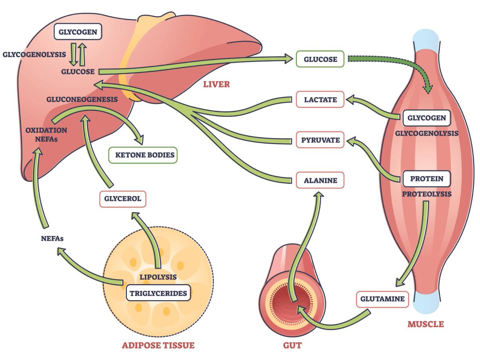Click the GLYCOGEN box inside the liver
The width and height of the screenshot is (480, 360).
(78, 32)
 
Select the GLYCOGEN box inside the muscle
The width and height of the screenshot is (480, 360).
(427, 118)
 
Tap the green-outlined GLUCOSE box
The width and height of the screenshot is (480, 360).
(320, 59)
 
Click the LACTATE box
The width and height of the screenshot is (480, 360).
(320, 100)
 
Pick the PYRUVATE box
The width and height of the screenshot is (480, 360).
(320, 140)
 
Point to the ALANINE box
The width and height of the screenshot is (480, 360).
(320, 180)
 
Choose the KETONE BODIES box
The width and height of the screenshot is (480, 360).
(143, 155)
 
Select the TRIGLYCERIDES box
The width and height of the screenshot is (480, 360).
(158, 293)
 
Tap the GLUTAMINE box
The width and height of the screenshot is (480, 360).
(382, 299)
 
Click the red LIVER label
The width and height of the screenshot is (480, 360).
(216, 84)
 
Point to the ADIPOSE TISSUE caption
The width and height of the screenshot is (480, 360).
(158, 345)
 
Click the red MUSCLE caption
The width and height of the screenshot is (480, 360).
(426, 324)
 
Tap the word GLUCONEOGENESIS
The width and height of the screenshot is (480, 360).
(82, 99)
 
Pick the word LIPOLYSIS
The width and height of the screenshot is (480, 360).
(158, 277)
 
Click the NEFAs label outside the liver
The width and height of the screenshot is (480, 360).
(52, 239)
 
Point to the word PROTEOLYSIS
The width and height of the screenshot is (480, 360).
(427, 194)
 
